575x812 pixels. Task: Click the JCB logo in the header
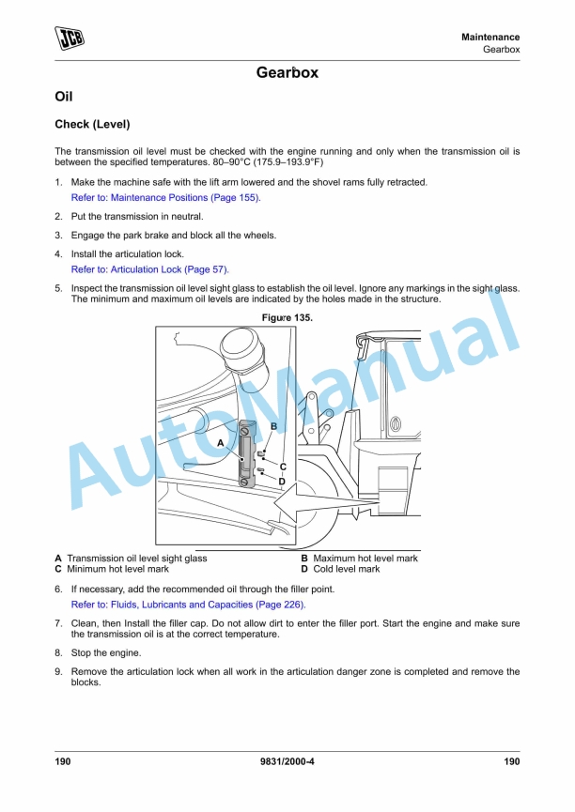[70, 39]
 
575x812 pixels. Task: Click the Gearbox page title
[287, 72]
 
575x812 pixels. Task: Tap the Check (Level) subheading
[92, 124]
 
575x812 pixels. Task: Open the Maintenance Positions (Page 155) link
[165, 198]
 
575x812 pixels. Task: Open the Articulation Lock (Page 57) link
[149, 269]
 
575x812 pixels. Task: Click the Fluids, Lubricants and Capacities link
[188, 605]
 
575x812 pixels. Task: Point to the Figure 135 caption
[287, 318]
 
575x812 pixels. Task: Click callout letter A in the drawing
[220, 441]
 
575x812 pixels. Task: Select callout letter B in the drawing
[273, 426]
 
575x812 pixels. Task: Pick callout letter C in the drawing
[282, 466]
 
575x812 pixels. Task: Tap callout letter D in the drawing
[281, 481]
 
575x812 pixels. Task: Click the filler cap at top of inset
[246, 359]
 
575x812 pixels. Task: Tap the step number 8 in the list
[58, 653]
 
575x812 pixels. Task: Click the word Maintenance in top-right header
[490, 37]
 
